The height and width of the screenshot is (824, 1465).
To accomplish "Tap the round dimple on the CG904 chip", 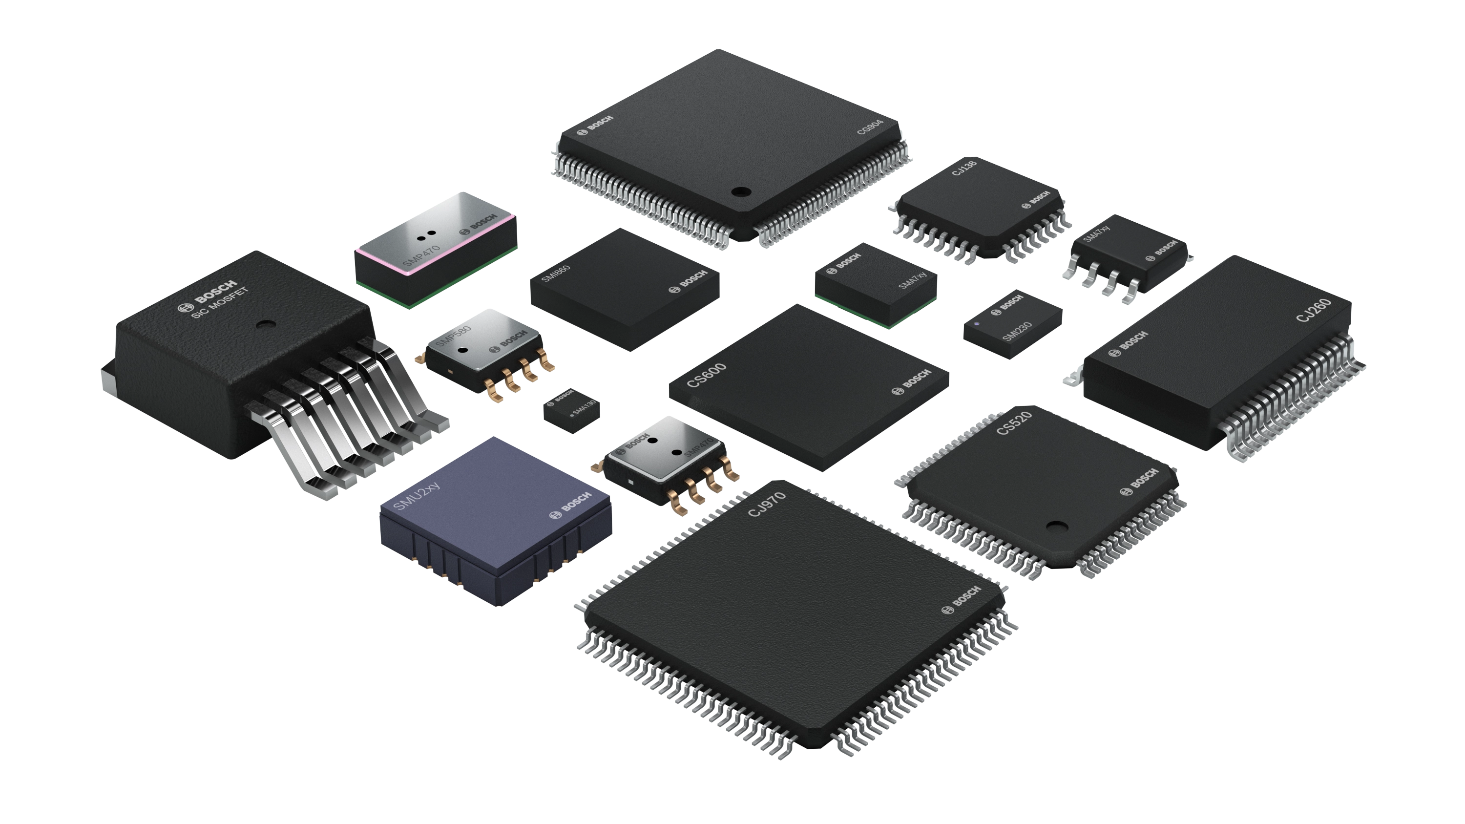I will pos(740,191).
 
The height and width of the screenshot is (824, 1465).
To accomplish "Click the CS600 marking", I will pos(706,375).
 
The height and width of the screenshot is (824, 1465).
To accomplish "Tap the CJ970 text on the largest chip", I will pos(767,504).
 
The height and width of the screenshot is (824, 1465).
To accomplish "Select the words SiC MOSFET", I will pos(220,303).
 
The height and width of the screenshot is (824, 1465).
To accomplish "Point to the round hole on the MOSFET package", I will pos(263,325).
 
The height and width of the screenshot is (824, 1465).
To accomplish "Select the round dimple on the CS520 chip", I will pos(1056,527).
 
